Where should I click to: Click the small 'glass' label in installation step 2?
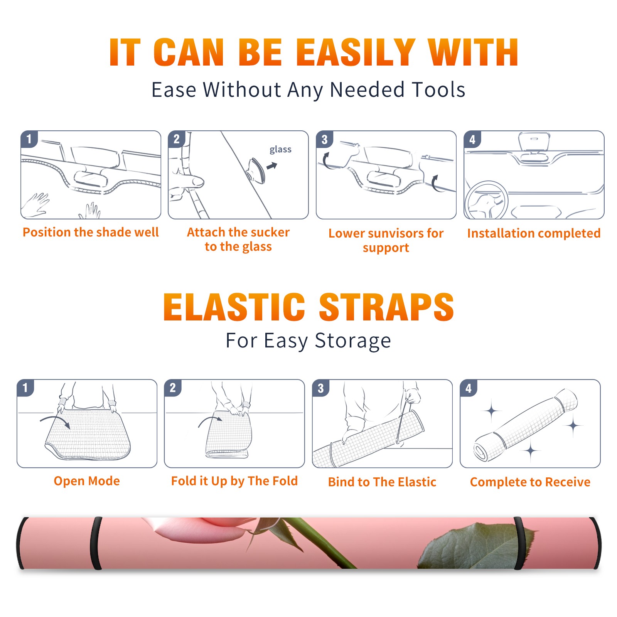[x=280, y=149]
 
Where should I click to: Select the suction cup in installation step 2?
[x=257, y=170]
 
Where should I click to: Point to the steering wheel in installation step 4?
[x=487, y=201]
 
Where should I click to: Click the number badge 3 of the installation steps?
[x=324, y=140]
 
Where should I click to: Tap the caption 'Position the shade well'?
[x=91, y=232]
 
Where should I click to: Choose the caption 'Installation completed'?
[x=534, y=233]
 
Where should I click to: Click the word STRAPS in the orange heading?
[x=386, y=307]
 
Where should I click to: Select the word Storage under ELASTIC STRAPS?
[x=353, y=341]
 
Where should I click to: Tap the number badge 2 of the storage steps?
[x=173, y=388]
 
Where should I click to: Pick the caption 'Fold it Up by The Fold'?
[x=234, y=481]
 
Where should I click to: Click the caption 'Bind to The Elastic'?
[x=382, y=482]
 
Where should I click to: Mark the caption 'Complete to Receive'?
[x=530, y=482]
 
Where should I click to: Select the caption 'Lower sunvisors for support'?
[x=386, y=240]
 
